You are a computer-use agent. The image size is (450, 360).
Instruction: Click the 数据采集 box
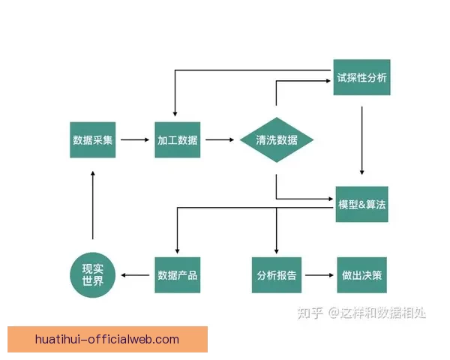point(93,139)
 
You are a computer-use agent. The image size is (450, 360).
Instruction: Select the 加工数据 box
point(178,139)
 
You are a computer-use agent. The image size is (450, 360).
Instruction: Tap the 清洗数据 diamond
point(276,139)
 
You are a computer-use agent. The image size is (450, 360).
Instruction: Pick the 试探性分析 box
point(362,77)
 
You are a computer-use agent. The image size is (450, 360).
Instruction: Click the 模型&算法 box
point(362,204)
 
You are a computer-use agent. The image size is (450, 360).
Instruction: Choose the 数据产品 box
point(178,274)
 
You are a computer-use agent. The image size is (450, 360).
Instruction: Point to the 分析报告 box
point(276,274)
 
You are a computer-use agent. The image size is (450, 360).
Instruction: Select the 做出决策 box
point(362,274)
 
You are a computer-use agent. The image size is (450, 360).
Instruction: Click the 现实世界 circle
point(92,275)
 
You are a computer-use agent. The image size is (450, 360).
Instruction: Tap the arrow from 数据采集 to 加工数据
point(135,139)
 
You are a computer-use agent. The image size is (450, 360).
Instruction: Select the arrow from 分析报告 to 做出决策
point(319,274)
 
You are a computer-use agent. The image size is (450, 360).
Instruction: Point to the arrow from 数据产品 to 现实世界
point(135,275)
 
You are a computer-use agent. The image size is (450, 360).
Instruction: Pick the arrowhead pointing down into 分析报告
point(276,250)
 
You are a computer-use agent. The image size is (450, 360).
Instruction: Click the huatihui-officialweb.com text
point(107,340)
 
